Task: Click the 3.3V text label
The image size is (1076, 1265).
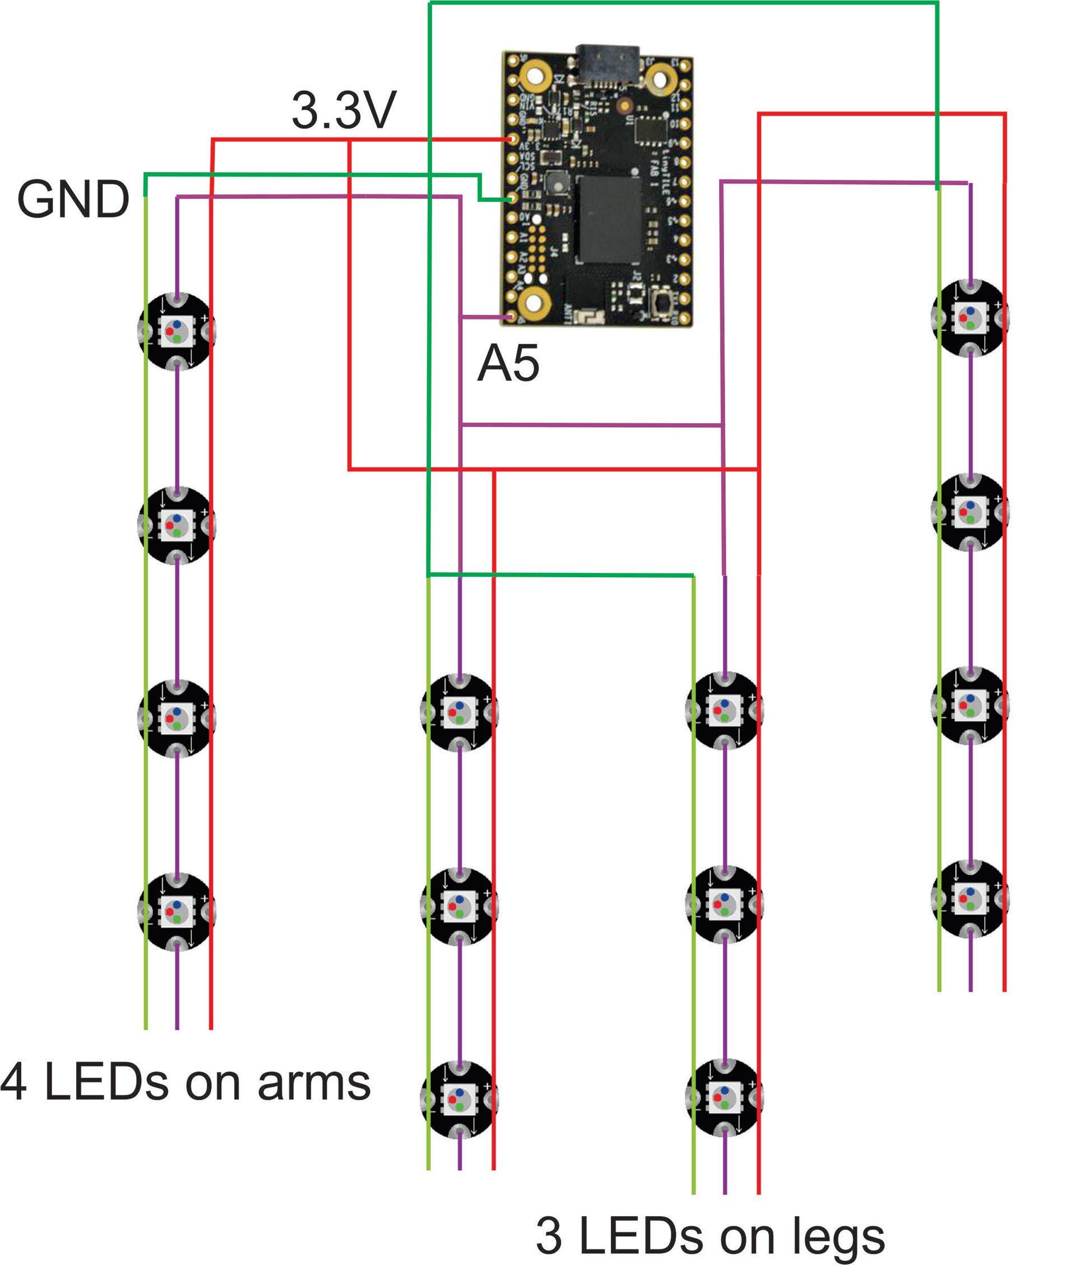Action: pos(344,111)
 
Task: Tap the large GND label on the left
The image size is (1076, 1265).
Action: pos(73,200)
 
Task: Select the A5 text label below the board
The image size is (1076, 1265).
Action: pos(508,364)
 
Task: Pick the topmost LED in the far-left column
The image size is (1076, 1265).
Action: pos(177,331)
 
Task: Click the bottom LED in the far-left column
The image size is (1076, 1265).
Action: pos(177,911)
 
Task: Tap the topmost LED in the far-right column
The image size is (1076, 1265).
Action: pos(970,317)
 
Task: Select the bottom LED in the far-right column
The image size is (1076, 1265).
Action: pos(970,898)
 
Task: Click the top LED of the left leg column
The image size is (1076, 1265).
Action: pos(460,712)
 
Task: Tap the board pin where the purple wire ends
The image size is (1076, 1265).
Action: pos(511,317)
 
